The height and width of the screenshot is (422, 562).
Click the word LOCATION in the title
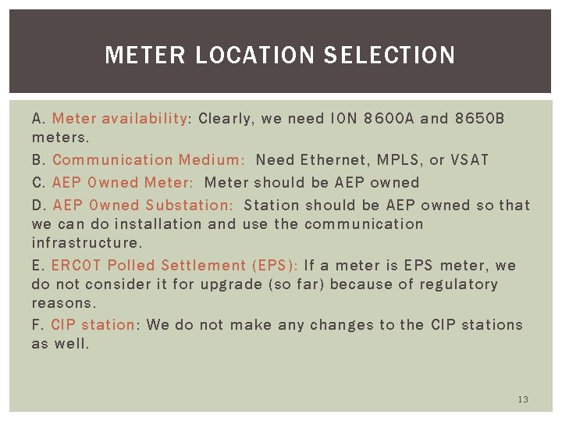pyautogui.click(x=252, y=55)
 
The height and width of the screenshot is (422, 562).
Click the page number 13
pyautogui.click(x=523, y=399)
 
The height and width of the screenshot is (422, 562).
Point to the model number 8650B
pyautogui.click(x=479, y=119)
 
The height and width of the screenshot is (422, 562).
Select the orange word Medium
pyautogui.click(x=210, y=160)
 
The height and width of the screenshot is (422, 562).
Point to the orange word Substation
pyautogui.click(x=187, y=206)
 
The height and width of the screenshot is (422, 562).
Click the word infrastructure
pyautogui.click(x=87, y=243)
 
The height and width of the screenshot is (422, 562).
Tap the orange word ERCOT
pyautogui.click(x=76, y=266)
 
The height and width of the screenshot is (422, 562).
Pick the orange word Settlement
pyautogui.click(x=204, y=266)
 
